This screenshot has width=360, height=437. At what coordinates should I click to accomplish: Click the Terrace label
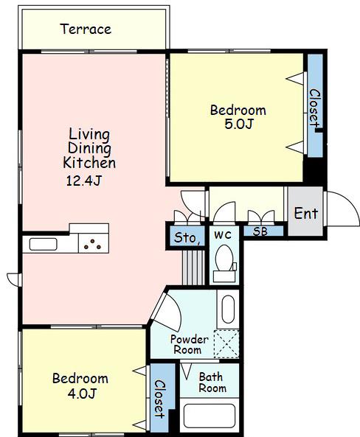point(86,29)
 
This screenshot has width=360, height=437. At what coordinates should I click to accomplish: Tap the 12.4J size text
point(83,181)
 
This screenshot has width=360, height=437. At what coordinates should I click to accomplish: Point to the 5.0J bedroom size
point(238,124)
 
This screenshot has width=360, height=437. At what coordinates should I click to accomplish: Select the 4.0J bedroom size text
point(82,394)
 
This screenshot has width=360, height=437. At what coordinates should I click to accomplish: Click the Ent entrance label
point(306,214)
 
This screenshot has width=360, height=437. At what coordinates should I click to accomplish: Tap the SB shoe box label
point(260,231)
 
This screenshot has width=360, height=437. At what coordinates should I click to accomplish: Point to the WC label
point(223,235)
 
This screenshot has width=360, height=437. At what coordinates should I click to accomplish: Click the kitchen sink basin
point(44,245)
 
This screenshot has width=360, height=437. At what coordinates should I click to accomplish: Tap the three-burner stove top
point(94,243)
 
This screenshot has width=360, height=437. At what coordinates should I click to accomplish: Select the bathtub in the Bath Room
point(210,416)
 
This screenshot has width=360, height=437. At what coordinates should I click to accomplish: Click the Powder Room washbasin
point(228,309)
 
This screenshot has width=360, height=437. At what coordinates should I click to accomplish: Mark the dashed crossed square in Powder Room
point(226,344)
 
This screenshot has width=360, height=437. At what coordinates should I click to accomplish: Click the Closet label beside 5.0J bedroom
point(314,109)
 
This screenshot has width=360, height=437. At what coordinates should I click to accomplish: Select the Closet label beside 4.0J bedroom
point(159,399)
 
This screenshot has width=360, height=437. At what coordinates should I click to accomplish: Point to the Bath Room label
point(212,382)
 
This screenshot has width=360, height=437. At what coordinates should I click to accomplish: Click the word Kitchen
point(89,163)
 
